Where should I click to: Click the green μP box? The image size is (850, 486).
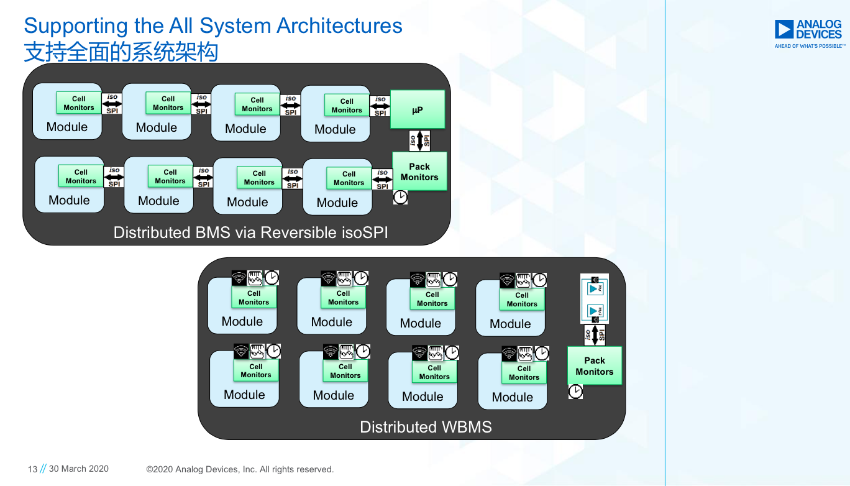click(418, 109)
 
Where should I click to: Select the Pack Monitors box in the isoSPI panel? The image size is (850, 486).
click(419, 172)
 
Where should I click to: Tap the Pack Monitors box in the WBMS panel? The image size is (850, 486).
click(594, 365)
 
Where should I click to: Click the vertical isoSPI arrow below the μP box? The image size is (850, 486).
click(419, 141)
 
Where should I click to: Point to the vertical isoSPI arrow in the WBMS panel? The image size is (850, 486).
click(595, 335)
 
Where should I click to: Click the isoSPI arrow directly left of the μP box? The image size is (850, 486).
click(380, 106)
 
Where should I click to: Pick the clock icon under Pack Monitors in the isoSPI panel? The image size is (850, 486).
click(400, 198)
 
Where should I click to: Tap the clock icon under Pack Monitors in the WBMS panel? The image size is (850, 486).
click(575, 392)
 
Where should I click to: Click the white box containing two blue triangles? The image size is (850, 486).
click(595, 299)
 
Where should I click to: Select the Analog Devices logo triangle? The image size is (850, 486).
click(784, 29)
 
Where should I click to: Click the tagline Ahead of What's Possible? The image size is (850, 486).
click(810, 46)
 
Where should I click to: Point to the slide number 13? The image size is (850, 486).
click(33, 469)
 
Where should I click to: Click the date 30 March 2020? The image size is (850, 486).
click(78, 469)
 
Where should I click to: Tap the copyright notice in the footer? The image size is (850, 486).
click(240, 469)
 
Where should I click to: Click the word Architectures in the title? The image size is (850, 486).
click(339, 26)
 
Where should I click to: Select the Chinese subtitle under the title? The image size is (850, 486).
click(121, 52)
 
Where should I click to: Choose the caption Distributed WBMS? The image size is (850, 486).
click(426, 427)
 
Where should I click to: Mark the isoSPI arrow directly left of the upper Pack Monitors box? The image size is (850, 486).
click(382, 180)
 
